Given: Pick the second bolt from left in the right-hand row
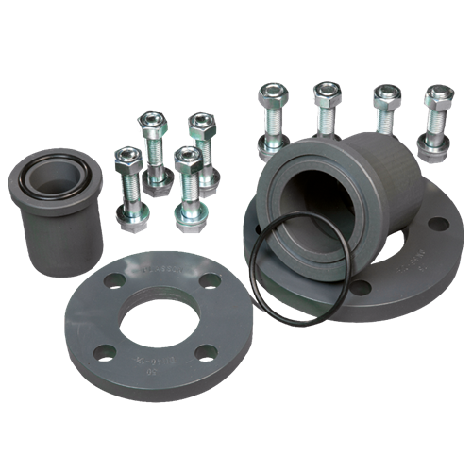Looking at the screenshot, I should (326, 109).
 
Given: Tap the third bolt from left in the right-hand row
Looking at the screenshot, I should (383, 109).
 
